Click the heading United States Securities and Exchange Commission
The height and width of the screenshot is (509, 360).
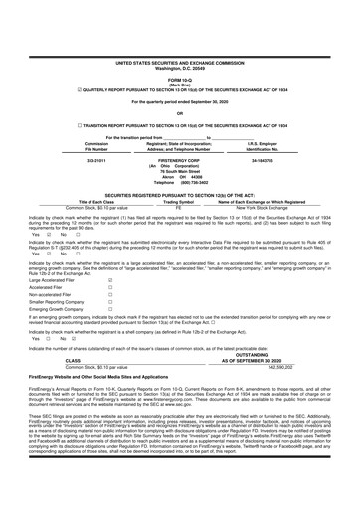(x=179, y=34)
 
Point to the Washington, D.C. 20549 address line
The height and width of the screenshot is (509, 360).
(x=179, y=40)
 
